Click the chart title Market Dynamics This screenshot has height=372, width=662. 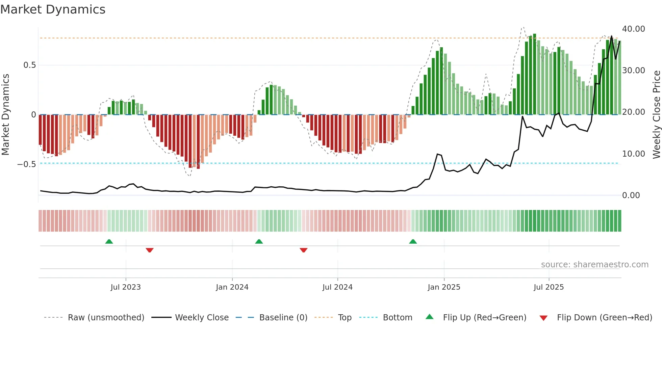point(53,9)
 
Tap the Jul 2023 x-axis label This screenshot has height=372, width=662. point(126,287)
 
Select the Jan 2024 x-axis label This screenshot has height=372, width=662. point(232,287)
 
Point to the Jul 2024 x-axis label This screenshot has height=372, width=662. point(337,287)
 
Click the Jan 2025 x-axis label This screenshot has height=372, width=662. point(444,287)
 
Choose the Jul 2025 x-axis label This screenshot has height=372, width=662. point(549,287)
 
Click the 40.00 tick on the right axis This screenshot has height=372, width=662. point(633,29)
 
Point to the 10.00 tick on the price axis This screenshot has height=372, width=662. point(633,154)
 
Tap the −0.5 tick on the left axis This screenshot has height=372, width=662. point(26,164)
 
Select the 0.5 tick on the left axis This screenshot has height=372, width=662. point(29,65)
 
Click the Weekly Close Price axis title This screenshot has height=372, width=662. point(656,115)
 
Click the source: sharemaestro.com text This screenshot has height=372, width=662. point(594,265)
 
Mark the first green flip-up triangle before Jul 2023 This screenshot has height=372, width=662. point(109,242)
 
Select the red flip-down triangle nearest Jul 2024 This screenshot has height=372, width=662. point(303,250)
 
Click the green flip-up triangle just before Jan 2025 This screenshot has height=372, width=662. point(413,242)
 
